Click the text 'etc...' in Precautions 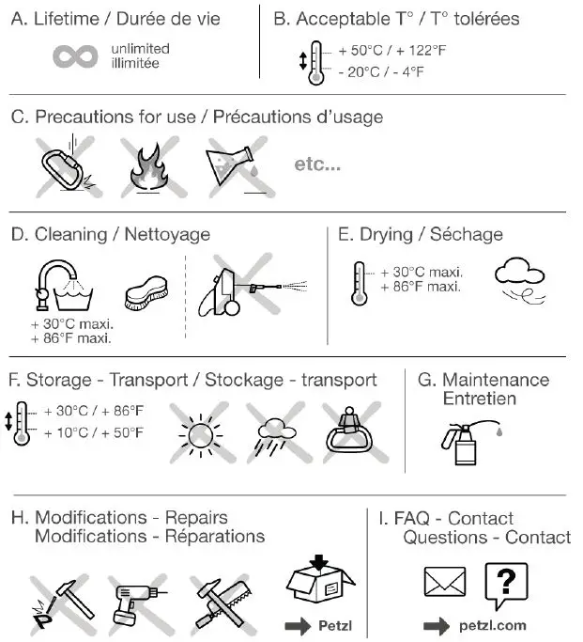point(317,164)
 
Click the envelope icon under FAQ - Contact point(444,583)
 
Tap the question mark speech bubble point(505,585)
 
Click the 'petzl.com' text point(493,625)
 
